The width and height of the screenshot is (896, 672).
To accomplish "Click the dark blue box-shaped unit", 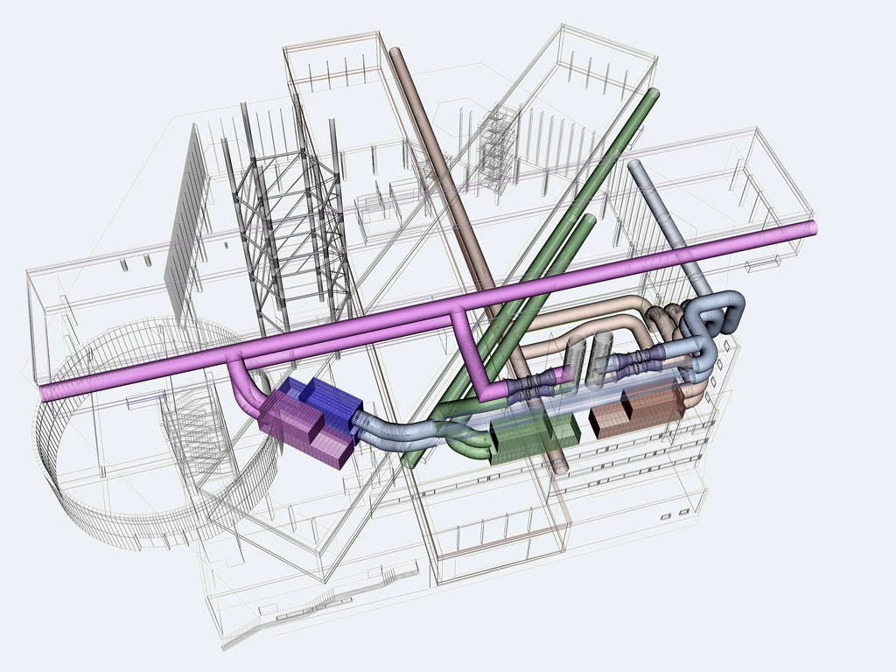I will click(x=328, y=402).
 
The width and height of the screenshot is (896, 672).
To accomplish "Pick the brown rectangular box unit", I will click(x=637, y=410).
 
